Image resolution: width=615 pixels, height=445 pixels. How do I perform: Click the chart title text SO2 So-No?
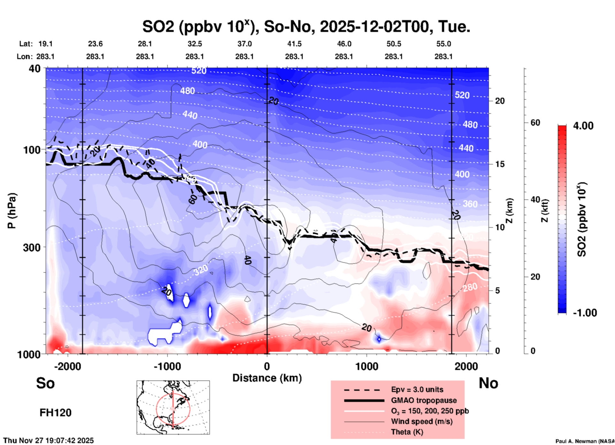(x=306, y=27)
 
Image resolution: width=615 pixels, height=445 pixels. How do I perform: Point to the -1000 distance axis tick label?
(x=167, y=366)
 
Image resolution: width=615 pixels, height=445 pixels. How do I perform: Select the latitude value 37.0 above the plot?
(x=244, y=44)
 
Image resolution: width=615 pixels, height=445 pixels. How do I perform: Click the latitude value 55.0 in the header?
(x=444, y=44)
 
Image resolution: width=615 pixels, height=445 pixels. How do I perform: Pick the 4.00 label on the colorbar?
(x=583, y=126)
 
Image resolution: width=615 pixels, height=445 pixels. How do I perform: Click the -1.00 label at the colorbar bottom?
(x=585, y=313)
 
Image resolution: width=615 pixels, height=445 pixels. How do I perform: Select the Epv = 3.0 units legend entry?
(x=417, y=389)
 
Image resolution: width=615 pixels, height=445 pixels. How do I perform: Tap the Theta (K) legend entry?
(x=407, y=432)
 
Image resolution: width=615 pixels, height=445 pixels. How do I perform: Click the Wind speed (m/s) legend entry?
(x=421, y=421)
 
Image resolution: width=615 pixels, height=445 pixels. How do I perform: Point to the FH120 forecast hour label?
(x=55, y=413)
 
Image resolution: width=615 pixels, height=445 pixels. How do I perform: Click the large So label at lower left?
(x=45, y=383)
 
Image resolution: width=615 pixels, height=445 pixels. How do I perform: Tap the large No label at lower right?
(x=488, y=383)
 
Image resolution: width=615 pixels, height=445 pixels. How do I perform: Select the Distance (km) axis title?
(x=267, y=378)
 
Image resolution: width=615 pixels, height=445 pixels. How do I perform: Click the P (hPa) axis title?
(x=12, y=211)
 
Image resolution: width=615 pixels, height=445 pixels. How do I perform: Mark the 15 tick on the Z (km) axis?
(x=499, y=164)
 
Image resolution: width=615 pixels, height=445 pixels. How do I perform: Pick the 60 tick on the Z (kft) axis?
(x=535, y=123)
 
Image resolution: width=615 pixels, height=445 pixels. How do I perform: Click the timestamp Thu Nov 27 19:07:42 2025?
(x=49, y=441)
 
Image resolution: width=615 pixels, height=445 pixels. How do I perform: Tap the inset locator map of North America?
(x=173, y=407)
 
